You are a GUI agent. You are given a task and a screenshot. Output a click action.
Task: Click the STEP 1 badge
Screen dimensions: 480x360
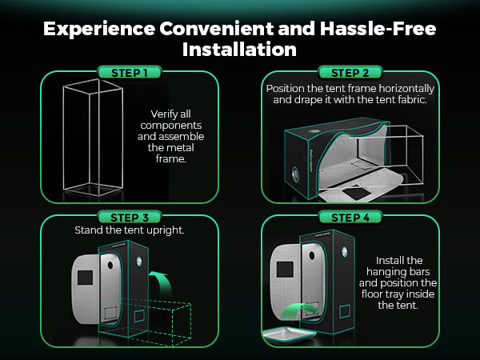coord(129,73)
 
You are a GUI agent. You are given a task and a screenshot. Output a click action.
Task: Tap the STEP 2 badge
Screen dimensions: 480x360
coord(350,73)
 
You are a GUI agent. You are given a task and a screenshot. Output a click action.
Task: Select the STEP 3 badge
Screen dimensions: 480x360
coord(129,218)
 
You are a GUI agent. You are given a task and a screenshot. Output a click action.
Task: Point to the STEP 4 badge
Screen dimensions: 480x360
coord(350,218)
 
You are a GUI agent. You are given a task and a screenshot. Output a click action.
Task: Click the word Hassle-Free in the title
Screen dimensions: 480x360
coord(378,29)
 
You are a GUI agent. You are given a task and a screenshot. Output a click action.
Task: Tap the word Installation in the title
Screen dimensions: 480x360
coord(239,50)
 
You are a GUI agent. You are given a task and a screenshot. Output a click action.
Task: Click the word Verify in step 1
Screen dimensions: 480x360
coord(163,114)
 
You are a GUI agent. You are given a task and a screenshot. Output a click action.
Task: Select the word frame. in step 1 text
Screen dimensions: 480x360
coord(171,159)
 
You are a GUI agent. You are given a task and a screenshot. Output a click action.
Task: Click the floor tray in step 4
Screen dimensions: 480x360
coord(290,335)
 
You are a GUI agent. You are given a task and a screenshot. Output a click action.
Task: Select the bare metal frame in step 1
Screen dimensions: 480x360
coord(93,138)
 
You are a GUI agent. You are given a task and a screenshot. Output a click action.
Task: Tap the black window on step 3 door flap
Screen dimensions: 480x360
coord(85,278)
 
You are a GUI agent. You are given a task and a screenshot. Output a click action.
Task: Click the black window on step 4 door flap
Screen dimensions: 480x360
coord(285,270)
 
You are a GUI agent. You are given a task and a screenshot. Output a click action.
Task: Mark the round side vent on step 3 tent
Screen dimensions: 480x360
coord(139,262)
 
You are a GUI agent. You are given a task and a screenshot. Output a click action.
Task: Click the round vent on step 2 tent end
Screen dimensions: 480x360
coord(296,174)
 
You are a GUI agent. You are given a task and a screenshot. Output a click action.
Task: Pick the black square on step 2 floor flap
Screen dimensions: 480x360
coord(356,193)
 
